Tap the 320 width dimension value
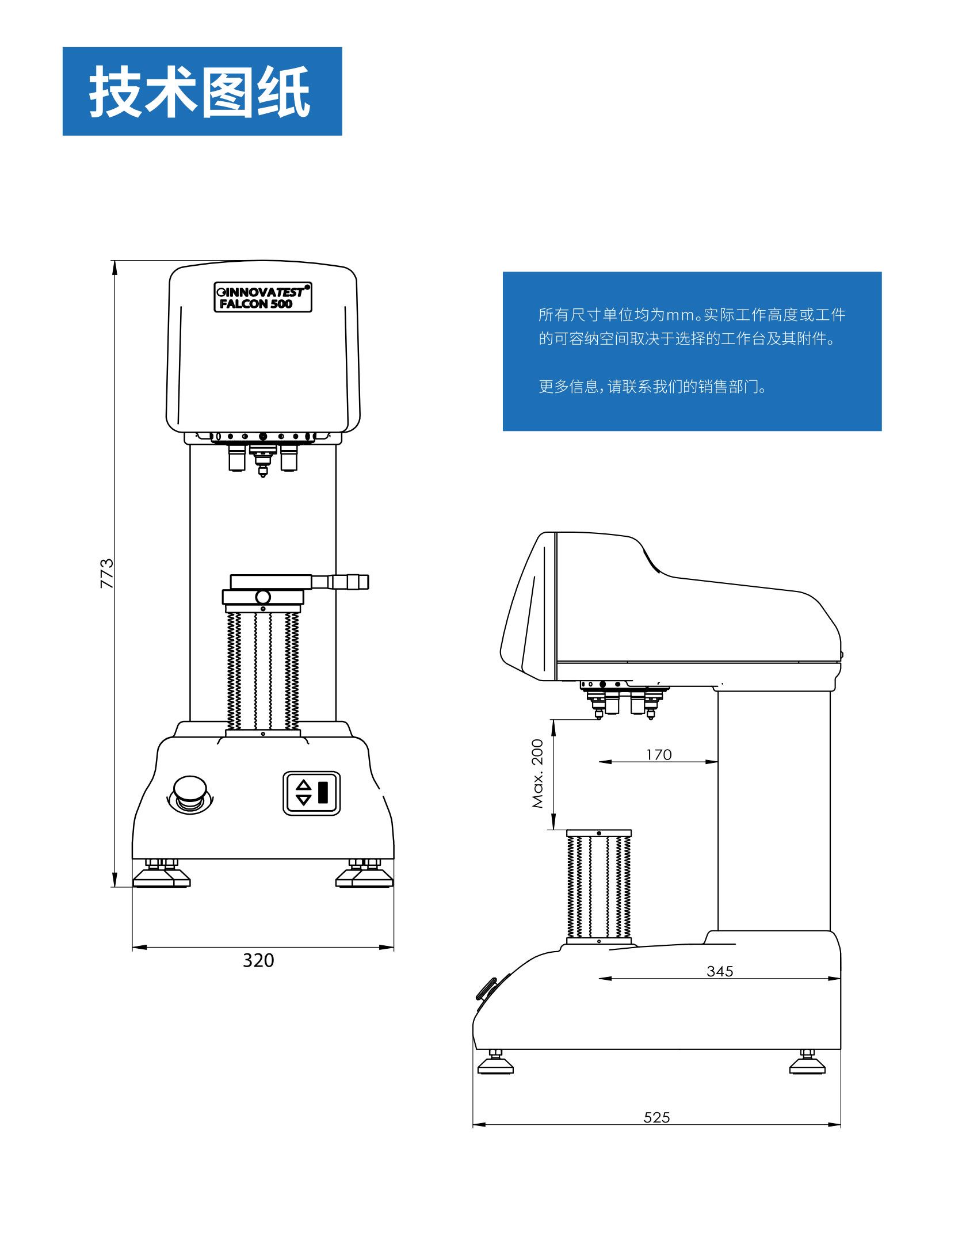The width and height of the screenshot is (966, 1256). point(258,960)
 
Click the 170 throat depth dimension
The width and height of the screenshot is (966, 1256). point(659,754)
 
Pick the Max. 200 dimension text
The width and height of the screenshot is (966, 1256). point(537,773)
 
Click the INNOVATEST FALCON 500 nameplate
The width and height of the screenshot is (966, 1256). point(263,297)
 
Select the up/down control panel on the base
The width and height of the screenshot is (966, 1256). point(311,793)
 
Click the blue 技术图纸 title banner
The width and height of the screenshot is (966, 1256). point(202,91)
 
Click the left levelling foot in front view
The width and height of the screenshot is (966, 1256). point(162,873)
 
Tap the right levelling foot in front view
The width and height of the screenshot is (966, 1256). point(365,873)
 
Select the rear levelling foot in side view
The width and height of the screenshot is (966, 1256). point(807,1062)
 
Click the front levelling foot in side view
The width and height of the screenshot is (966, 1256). point(495,1062)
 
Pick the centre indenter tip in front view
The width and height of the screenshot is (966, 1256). point(263,474)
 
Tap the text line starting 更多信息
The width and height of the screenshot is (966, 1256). point(653,387)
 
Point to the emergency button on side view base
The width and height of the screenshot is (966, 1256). point(486,989)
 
